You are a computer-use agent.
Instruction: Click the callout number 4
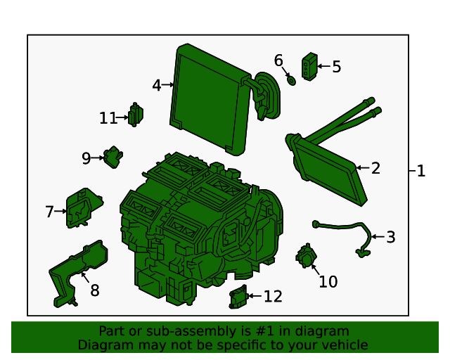157,85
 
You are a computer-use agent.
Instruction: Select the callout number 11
108,118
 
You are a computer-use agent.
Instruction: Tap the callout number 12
273,296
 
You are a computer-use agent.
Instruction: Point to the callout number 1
420,171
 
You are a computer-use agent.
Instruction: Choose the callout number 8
95,290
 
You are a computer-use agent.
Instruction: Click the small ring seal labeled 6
291,81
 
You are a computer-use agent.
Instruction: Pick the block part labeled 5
309,67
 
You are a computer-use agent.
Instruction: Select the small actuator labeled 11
136,115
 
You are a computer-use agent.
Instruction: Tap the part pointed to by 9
113,157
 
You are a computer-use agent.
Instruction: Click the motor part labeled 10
307,256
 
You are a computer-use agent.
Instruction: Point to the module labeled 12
238,297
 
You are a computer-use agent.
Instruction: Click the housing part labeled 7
83,207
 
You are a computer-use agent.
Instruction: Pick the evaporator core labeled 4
210,99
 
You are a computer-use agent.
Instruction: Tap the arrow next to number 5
324,66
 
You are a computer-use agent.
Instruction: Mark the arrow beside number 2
363,167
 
